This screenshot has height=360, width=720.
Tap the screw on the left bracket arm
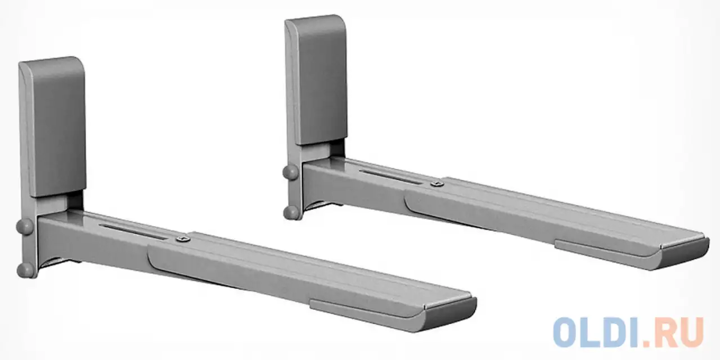[181, 239]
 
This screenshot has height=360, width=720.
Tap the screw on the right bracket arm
[436, 183]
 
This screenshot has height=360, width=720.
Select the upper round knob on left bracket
[24, 226]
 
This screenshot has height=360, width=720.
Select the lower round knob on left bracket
[24, 268]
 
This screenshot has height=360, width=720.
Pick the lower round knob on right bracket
[291, 211]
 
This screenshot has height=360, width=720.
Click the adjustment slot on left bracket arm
[135, 231]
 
